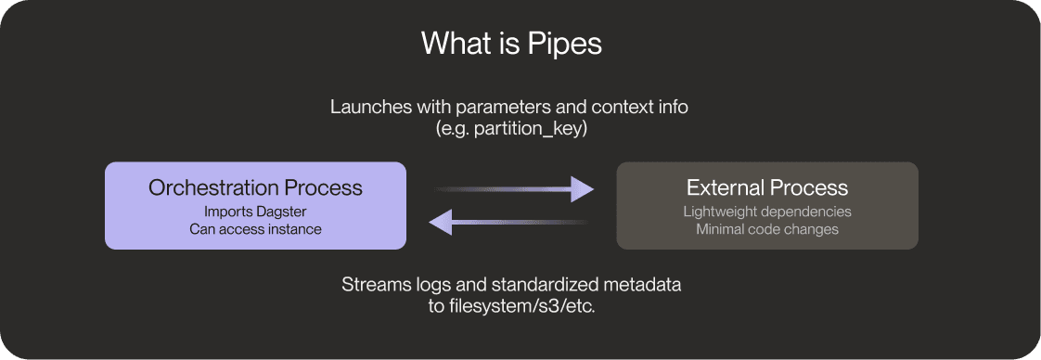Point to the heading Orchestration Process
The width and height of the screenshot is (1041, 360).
click(x=255, y=187)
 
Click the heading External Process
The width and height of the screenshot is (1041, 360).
click(x=767, y=187)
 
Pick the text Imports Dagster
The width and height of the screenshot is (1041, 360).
click(x=255, y=212)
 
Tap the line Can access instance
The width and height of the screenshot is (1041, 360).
click(x=255, y=229)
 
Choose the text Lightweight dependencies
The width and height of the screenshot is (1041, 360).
click(x=767, y=212)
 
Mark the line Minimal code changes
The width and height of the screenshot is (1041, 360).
click(x=767, y=229)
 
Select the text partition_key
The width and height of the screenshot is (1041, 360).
click(x=533, y=129)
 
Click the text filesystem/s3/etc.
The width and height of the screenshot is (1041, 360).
click(x=524, y=306)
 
